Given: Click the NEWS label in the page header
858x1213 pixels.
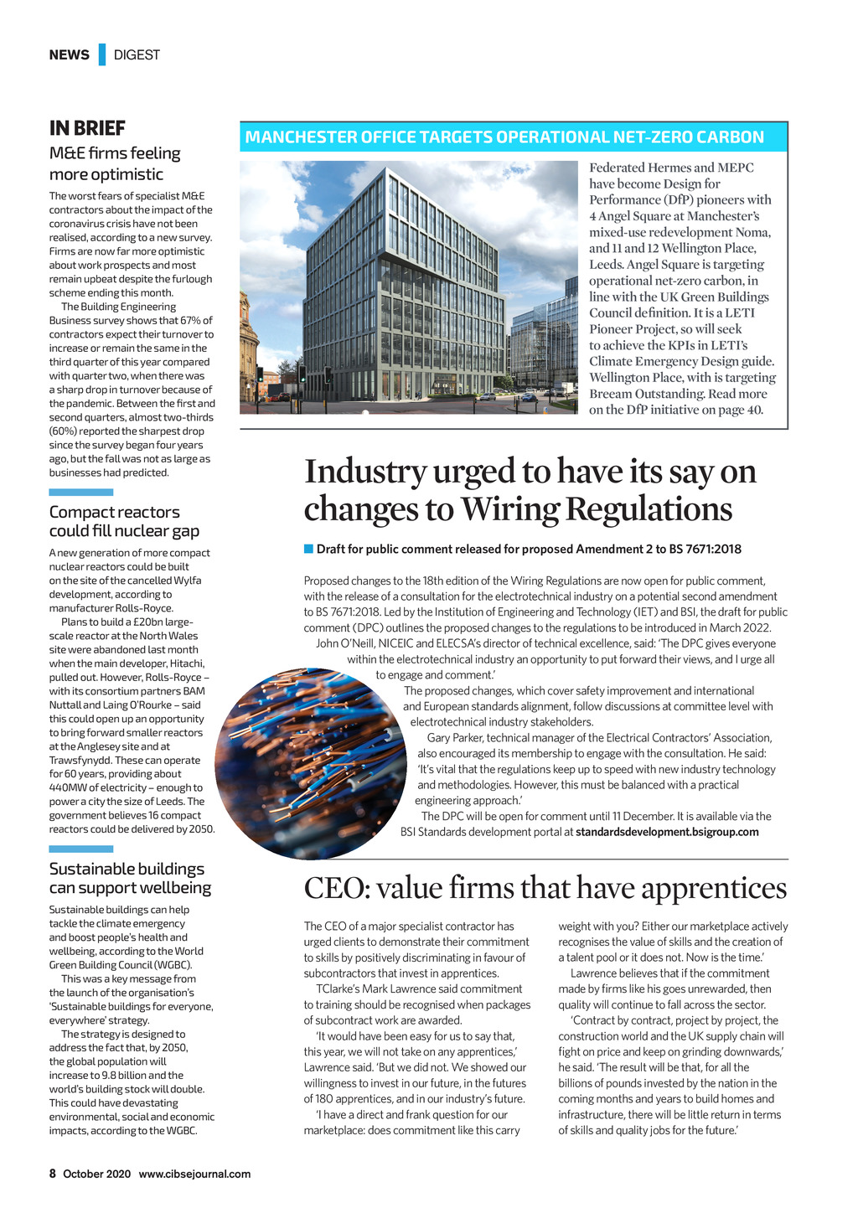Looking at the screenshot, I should click(69, 55).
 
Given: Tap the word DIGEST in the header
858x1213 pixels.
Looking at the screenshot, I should click(137, 55).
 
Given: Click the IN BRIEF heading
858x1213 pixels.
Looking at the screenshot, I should click(87, 128).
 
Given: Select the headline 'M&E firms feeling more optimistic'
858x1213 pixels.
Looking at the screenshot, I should click(115, 163).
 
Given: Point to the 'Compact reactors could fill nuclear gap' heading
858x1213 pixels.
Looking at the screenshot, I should click(124, 521).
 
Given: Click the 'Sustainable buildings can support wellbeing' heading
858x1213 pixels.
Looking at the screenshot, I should click(130, 878).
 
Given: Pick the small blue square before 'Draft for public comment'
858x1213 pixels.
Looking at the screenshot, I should click(308, 550).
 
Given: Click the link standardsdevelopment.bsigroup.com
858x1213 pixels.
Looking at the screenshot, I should click(667, 832).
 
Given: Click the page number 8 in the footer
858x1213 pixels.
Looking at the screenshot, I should click(52, 1174).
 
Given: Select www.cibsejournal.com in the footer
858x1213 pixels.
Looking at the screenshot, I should click(194, 1174).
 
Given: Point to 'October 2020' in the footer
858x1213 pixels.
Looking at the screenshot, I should click(97, 1174).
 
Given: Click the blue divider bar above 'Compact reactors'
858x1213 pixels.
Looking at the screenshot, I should click(80, 493).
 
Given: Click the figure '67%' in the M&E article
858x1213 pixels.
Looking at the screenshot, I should click(189, 320).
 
